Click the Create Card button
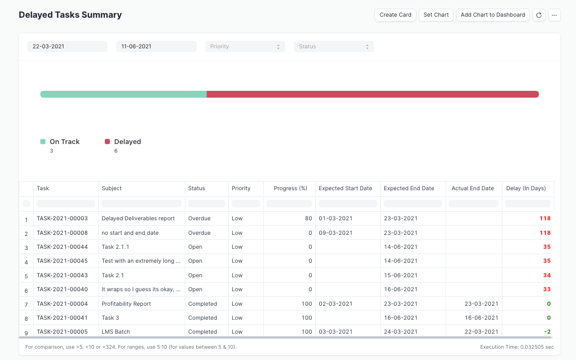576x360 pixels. pyautogui.click(x=395, y=15)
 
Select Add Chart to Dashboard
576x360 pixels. pyautogui.click(x=493, y=15)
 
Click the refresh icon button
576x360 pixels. pyautogui.click(x=539, y=15)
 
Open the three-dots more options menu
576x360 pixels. pyautogui.click(x=555, y=15)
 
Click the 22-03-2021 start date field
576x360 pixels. pyautogui.click(x=67, y=47)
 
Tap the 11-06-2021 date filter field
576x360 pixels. pyautogui.click(x=156, y=47)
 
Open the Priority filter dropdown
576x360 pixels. pyautogui.click(x=245, y=47)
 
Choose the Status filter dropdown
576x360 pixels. pyautogui.click(x=333, y=47)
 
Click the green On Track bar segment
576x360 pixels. pyautogui.click(x=124, y=95)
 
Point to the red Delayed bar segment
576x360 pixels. pyautogui.click(x=372, y=95)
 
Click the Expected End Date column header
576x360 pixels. pyautogui.click(x=409, y=189)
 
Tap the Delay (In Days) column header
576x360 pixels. pyautogui.click(x=526, y=189)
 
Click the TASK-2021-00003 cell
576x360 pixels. pyautogui.click(x=62, y=219)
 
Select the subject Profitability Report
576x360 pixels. pyautogui.click(x=126, y=304)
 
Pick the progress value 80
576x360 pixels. pyautogui.click(x=308, y=219)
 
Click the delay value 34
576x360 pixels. pyautogui.click(x=546, y=276)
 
